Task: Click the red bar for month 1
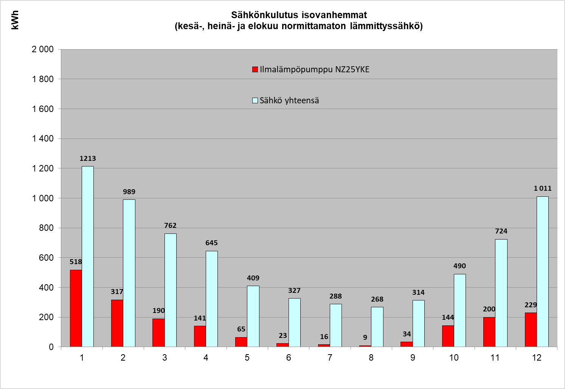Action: (x=76, y=308)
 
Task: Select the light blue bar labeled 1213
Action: (x=88, y=256)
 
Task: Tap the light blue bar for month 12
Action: (x=542, y=271)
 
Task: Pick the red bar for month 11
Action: (x=489, y=332)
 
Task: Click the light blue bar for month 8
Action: (x=377, y=327)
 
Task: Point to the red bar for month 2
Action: (x=117, y=323)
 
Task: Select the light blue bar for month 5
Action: (x=253, y=316)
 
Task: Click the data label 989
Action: (x=129, y=192)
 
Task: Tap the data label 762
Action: (x=170, y=226)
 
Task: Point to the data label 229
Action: (x=531, y=305)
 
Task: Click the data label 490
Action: (x=459, y=266)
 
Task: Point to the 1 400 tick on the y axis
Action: (x=43, y=138)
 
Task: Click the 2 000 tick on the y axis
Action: (x=43, y=49)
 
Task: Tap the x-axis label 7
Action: (x=330, y=358)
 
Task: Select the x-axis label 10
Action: (x=454, y=358)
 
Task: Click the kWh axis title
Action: (x=15, y=20)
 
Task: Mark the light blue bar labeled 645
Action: (x=212, y=299)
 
